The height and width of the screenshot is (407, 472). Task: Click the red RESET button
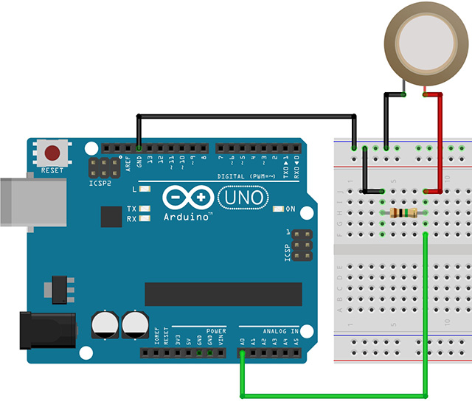click(52, 153)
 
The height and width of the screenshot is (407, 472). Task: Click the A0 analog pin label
click(243, 341)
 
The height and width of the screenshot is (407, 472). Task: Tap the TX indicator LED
click(145, 209)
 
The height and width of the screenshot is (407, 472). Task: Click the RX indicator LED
click(145, 219)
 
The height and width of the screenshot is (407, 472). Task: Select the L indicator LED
click(145, 189)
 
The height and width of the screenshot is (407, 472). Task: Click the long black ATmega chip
click(223, 293)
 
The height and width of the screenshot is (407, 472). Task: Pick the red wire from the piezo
click(440, 140)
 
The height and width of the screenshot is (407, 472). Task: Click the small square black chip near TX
click(111, 217)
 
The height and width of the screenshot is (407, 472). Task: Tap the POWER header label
click(216, 332)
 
